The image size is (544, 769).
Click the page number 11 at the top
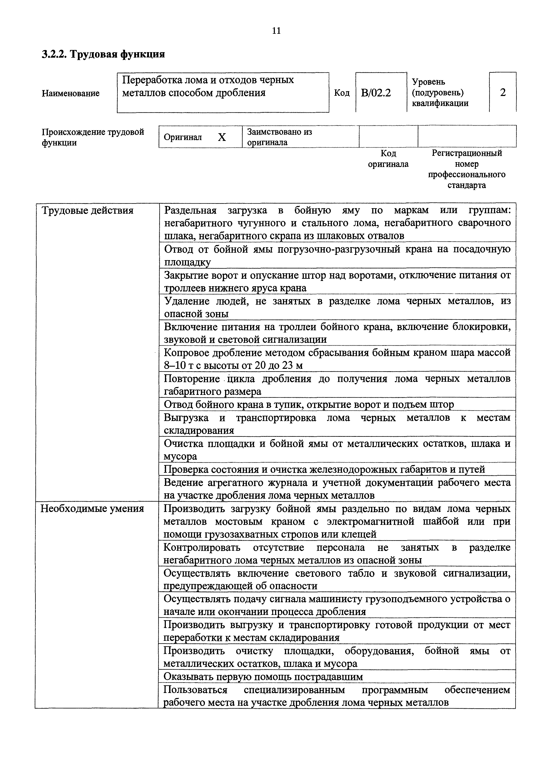[276, 31]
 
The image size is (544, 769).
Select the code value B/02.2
[376, 92]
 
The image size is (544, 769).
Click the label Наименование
[70, 93]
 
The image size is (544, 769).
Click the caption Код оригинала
[388, 158]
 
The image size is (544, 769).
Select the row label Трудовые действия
[87, 211]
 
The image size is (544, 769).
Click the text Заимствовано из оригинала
[279, 137]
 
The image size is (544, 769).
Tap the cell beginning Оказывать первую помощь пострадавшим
[263, 677]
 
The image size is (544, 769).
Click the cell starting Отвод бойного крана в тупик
[308, 404]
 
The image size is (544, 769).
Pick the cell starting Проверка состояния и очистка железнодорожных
[324, 469]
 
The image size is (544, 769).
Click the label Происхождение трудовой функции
[93, 137]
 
